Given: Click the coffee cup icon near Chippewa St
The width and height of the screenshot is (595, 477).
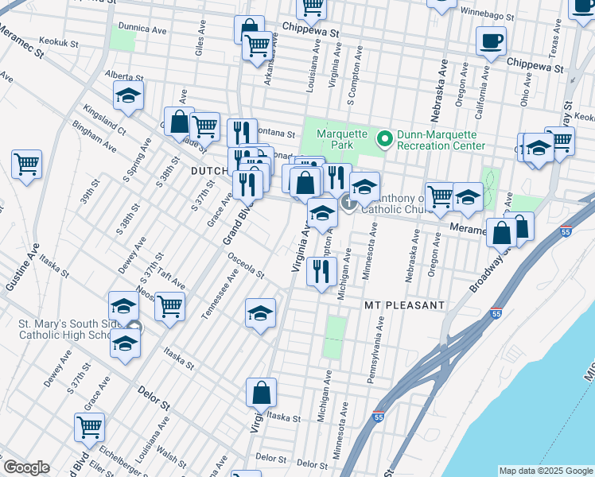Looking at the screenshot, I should coord(491,40).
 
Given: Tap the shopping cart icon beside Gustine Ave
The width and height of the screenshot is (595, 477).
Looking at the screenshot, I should coord(27,165).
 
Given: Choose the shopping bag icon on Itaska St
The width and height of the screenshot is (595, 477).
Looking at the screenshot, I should coord(261,392).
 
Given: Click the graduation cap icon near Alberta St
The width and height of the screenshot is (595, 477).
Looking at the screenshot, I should coord(128,96).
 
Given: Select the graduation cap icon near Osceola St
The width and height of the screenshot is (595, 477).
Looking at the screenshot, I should coord(260,314).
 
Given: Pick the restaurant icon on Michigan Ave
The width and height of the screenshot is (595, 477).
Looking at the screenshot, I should coord(321,272).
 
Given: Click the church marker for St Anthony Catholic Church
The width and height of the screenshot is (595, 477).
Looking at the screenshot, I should coord(349,204).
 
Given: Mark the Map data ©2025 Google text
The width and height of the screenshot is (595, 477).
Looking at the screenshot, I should coord(545,470).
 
